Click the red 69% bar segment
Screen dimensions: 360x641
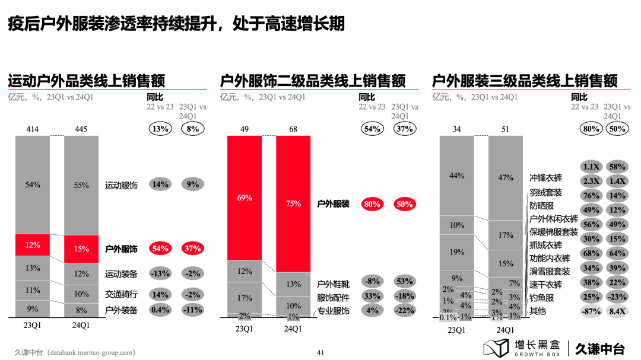click(x=245, y=197)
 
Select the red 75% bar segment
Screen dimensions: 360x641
click(x=293, y=203)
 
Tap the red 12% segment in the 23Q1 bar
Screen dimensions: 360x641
click(x=33, y=245)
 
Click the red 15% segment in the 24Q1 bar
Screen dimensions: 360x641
click(x=81, y=249)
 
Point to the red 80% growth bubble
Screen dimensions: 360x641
click(x=372, y=204)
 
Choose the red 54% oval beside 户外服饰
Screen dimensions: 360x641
click(x=160, y=249)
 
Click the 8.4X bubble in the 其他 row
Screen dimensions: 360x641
click(x=618, y=311)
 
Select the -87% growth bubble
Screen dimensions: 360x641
click(x=591, y=311)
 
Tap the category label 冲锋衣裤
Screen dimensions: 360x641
click(x=545, y=178)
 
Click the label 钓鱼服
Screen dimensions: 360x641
click(x=541, y=298)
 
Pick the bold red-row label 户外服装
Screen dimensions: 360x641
click(x=333, y=204)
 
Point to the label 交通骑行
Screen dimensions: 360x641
click(x=121, y=294)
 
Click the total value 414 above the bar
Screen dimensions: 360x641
click(x=33, y=129)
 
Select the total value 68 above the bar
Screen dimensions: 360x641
click(x=293, y=129)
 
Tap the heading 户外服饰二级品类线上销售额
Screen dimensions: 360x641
click(x=313, y=81)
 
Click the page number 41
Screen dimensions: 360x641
click(x=320, y=352)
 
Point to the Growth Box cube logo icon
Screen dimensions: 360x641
click(x=496, y=348)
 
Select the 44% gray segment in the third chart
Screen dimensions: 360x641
click(x=457, y=176)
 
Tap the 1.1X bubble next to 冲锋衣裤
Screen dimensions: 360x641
click(x=591, y=168)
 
